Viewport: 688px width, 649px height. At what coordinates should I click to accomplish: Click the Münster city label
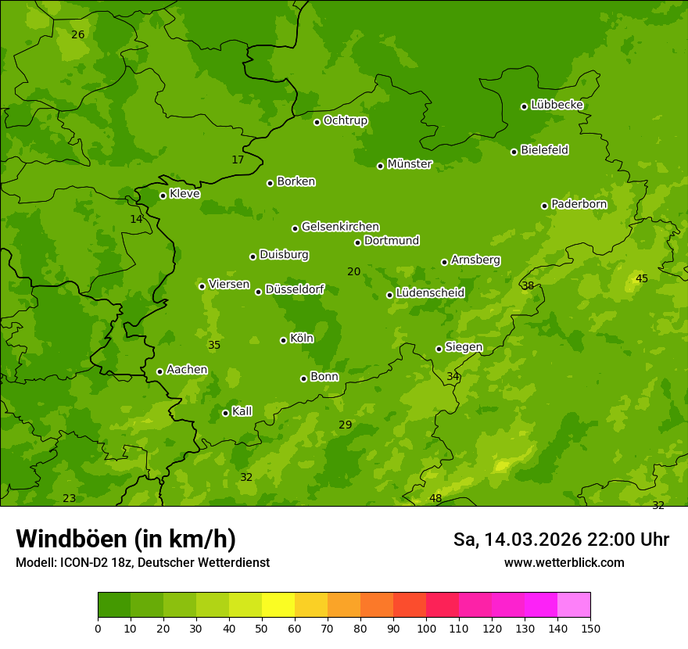tap(410, 164)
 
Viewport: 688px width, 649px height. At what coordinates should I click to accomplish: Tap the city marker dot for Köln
tap(283, 340)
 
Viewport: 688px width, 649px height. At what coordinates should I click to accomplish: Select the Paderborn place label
tap(579, 204)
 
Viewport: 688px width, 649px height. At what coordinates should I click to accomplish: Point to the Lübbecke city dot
tap(524, 106)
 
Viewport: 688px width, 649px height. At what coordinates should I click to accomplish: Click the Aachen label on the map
tap(187, 370)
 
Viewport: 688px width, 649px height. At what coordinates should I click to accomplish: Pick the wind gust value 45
tap(642, 279)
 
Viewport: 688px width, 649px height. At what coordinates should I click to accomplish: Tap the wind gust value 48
tap(435, 499)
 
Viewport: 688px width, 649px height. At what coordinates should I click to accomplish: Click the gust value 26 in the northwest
tap(77, 34)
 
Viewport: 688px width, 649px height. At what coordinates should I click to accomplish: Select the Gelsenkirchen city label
tap(340, 227)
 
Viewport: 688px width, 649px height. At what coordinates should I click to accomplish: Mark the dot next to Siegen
tap(439, 349)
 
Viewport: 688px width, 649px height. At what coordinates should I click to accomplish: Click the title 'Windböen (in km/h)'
tap(126, 540)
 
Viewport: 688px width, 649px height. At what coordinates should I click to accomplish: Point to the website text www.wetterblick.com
tap(564, 563)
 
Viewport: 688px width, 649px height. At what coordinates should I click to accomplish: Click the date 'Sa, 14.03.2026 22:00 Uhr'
tap(561, 540)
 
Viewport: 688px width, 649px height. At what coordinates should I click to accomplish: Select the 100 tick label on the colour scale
tap(426, 628)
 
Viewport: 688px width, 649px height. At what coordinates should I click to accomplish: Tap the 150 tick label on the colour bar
tap(590, 628)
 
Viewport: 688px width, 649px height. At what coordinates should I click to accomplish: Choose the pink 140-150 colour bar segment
tap(574, 605)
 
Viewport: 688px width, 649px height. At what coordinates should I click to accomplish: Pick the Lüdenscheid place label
tap(430, 293)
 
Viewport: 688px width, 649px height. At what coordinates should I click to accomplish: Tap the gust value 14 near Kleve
tap(136, 220)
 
